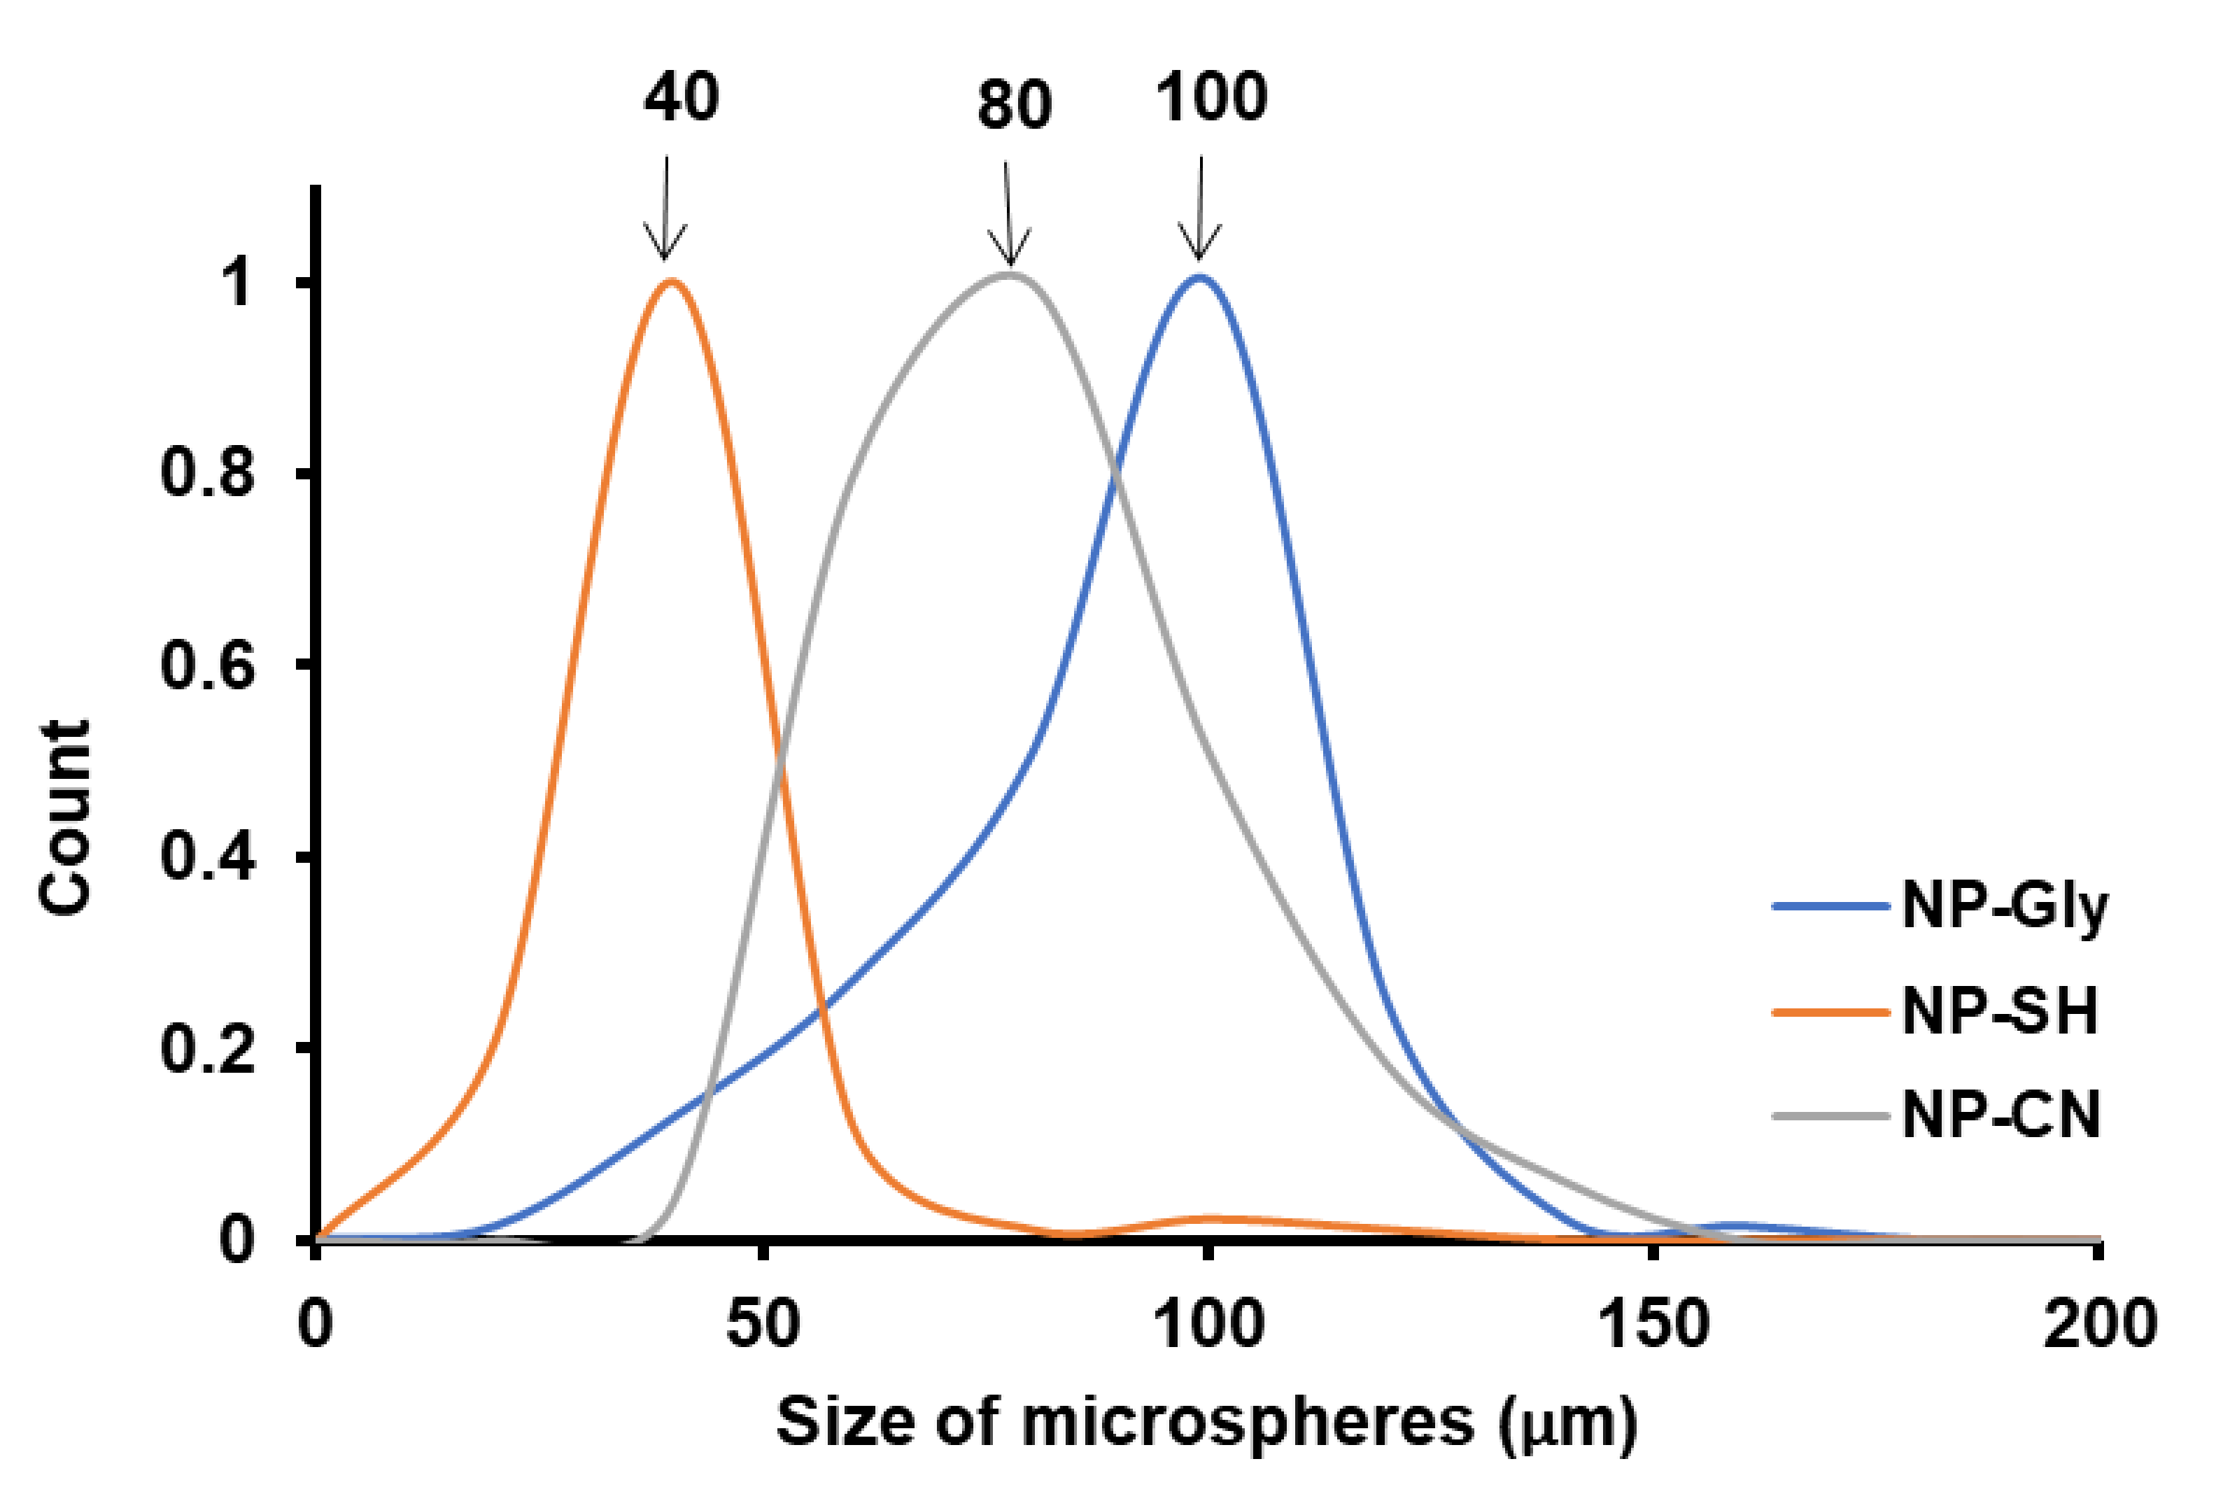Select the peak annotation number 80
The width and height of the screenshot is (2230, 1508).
[1015, 105]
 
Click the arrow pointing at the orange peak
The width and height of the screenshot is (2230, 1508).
[664, 207]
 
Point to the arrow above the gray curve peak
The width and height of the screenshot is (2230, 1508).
[1008, 213]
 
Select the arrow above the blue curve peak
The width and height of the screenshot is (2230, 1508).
[1199, 207]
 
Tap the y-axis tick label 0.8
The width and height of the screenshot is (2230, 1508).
[207, 473]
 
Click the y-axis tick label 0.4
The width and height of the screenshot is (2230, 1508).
[207, 857]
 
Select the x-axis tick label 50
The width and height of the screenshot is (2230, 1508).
[763, 1324]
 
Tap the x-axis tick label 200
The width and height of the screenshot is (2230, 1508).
[2099, 1324]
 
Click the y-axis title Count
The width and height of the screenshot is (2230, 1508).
[65, 816]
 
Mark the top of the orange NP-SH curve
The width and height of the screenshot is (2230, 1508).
[671, 281]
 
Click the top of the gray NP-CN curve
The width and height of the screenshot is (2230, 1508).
[1010, 276]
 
